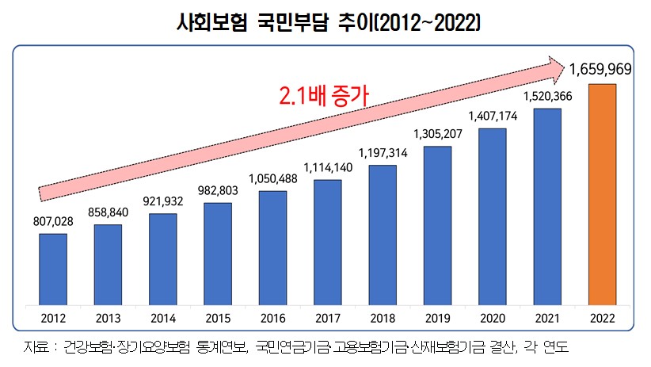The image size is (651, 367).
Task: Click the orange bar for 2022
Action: coord(602,194)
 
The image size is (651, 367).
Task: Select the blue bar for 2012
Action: coord(53,269)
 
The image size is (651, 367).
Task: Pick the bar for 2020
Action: coord(492,216)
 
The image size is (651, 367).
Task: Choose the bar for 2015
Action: coord(218,254)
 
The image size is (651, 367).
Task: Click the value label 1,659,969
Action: coord(600,70)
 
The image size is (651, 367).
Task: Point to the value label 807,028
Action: coord(53,221)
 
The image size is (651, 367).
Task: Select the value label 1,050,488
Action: coord(273,178)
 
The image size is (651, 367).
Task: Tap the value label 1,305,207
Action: coord(437,133)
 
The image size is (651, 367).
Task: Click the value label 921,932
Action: coord(162,201)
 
